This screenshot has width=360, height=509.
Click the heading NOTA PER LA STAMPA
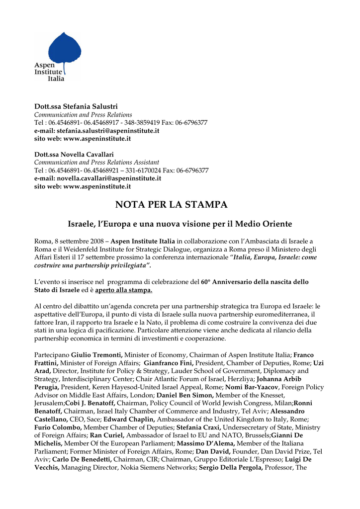pyautogui.click(x=171, y=205)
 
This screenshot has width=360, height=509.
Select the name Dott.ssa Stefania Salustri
pyautogui.click(x=76, y=107)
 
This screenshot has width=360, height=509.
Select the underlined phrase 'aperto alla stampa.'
pyautogui.click(x=124, y=290)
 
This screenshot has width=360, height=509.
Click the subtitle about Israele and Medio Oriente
pyautogui.click(x=180, y=224)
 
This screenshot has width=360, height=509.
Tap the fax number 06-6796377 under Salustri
pyautogui.click(x=190, y=122)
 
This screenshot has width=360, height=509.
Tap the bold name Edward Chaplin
pyautogui.click(x=126, y=419)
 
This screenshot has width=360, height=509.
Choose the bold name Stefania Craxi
pyautogui.click(x=199, y=427)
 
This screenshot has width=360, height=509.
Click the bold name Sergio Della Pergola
pyautogui.click(x=231, y=467)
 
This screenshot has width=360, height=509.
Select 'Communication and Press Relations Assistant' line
pyautogui.click(x=96, y=162)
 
